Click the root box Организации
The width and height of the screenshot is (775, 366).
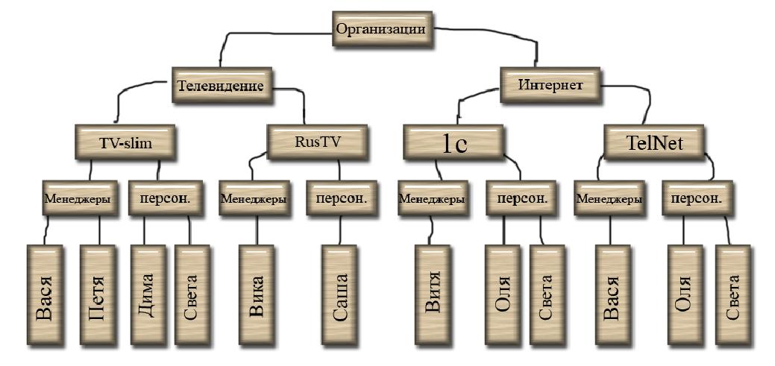pyautogui.click(x=382, y=29)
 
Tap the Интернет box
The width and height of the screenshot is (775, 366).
pyautogui.click(x=550, y=84)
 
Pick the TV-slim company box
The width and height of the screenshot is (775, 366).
pyautogui.click(x=125, y=143)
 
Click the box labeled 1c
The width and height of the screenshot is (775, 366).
pyautogui.click(x=454, y=143)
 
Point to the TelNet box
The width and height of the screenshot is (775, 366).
pyautogui.click(x=654, y=142)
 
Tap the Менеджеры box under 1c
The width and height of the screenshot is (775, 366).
pyautogui.click(x=432, y=199)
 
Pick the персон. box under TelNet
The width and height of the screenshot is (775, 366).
pyautogui.click(x=697, y=199)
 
